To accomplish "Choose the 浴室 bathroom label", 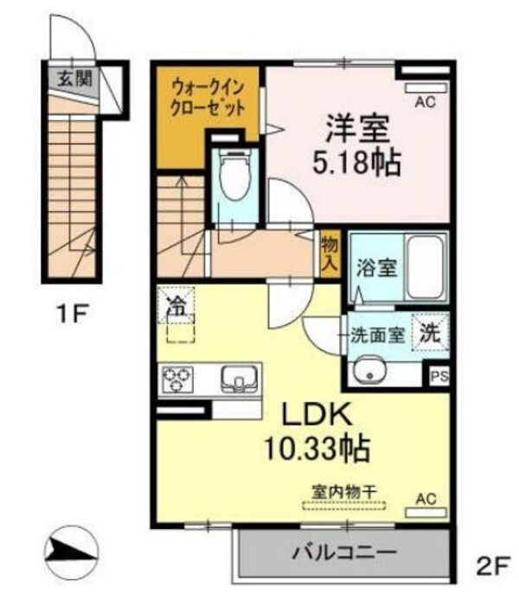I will pyautogui.click(x=377, y=267).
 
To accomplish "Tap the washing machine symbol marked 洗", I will pyautogui.click(x=430, y=330).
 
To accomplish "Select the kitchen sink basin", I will pyautogui.click(x=237, y=377).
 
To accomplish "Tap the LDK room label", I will pyautogui.click(x=316, y=417).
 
